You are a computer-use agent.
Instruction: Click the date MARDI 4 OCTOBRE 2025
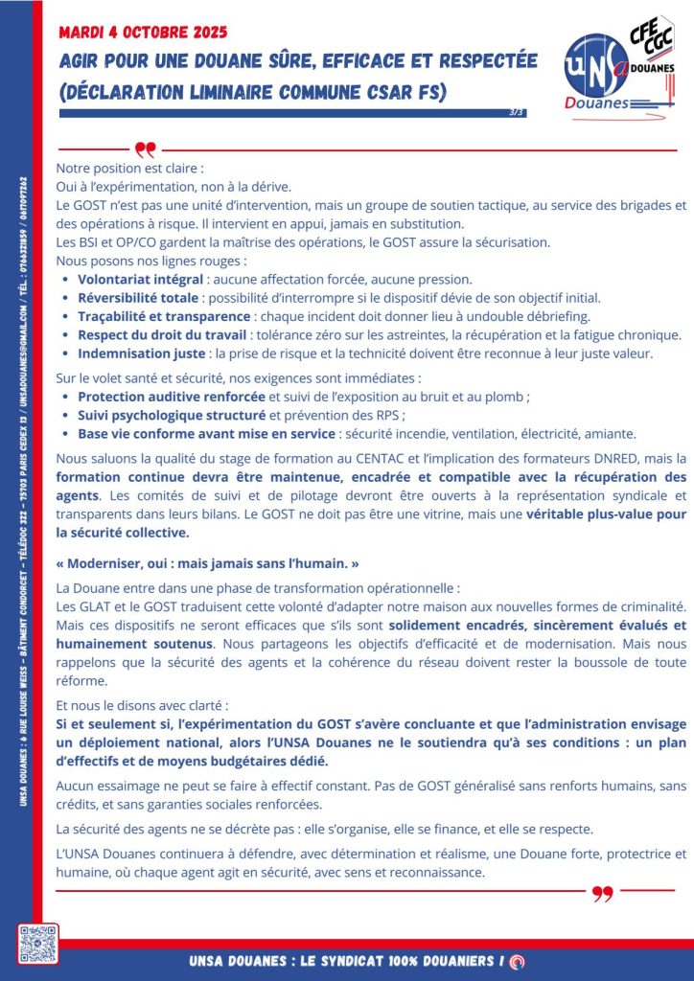(x=143, y=33)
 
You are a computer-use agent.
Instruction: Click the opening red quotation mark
(x=145, y=149)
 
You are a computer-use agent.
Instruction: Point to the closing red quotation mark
(x=602, y=894)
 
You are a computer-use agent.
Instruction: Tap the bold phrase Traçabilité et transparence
(x=164, y=316)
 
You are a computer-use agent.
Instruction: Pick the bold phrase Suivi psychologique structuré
(x=172, y=415)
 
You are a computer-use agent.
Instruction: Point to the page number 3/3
(x=517, y=112)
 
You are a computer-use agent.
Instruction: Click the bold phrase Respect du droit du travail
(x=161, y=334)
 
